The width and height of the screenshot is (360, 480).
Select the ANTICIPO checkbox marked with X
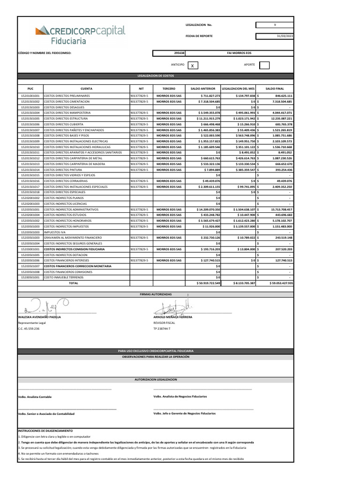[192, 66]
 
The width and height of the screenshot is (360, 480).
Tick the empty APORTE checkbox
[264, 65]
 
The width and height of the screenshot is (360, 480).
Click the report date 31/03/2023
[275, 37]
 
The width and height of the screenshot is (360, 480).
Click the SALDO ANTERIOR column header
[203, 88]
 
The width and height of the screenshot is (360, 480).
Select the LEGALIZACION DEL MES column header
[238, 88]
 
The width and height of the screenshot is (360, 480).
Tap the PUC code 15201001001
[30, 96]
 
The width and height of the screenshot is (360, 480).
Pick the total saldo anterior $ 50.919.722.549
[203, 283]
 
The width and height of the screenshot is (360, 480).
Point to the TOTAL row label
[74, 283]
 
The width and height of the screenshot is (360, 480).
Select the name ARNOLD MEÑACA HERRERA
[173, 317]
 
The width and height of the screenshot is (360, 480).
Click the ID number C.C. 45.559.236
[29, 329]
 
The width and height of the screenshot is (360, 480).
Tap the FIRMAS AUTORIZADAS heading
[156, 294]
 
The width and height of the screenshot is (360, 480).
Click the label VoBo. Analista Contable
[35, 397]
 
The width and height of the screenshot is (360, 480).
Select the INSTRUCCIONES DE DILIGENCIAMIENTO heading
[45, 430]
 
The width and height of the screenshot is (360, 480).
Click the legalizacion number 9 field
[275, 25]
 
